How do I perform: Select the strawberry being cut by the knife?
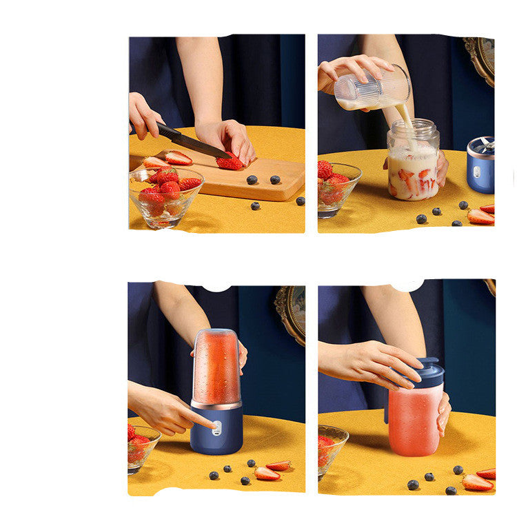230,162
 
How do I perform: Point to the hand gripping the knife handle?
143,115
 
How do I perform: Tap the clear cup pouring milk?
372,88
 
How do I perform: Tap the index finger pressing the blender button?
200,420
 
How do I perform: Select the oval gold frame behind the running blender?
292,314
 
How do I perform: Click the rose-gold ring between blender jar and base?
216,405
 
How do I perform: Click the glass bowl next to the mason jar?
337,187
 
